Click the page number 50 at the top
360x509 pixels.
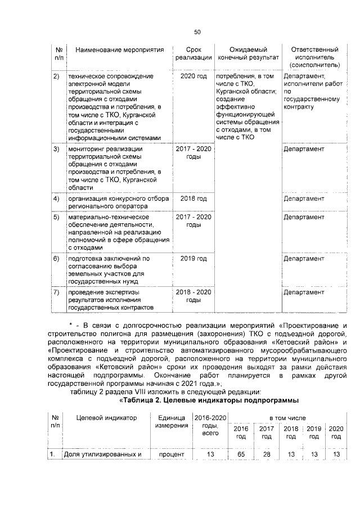coord(197,31)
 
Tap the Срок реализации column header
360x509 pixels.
coord(193,54)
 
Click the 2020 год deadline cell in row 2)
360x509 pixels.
coord(193,75)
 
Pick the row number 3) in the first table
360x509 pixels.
coord(56,149)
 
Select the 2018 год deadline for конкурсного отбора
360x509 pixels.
coord(193,199)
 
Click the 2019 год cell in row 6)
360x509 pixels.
coord(193,259)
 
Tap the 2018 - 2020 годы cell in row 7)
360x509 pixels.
coord(193,296)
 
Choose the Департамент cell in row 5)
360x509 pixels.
coord(304,217)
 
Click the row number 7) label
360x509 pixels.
coord(56,292)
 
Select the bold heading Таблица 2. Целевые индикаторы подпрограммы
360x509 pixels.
coord(209,400)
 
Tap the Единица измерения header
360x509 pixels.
coord(172,422)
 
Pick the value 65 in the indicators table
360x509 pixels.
coord(240,454)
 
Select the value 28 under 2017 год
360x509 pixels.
coord(267,454)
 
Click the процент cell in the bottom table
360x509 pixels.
coord(172,454)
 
